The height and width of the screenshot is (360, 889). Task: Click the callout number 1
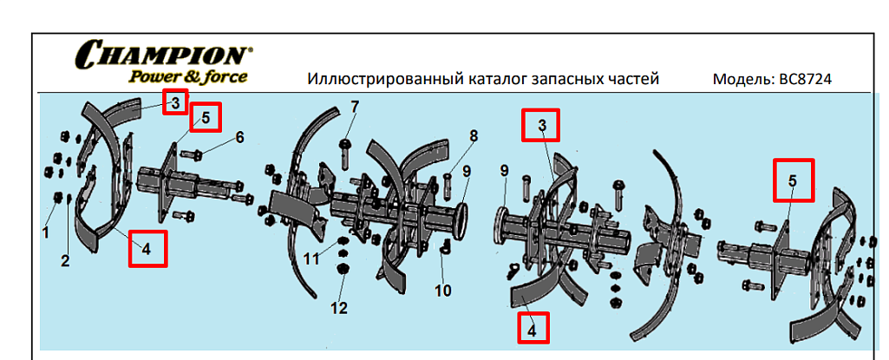coord(46,232)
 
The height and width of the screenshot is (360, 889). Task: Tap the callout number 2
coord(65,260)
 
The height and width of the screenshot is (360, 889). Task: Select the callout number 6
coord(239,137)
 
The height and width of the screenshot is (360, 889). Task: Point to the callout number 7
coord(354,107)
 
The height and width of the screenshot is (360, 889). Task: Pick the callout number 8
coord(474,135)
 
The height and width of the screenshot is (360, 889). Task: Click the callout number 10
coord(443,291)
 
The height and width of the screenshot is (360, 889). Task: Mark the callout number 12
coord(340,307)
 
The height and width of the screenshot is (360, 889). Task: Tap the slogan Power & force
coord(188,77)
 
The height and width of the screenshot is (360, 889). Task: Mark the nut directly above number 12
coord(341,268)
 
